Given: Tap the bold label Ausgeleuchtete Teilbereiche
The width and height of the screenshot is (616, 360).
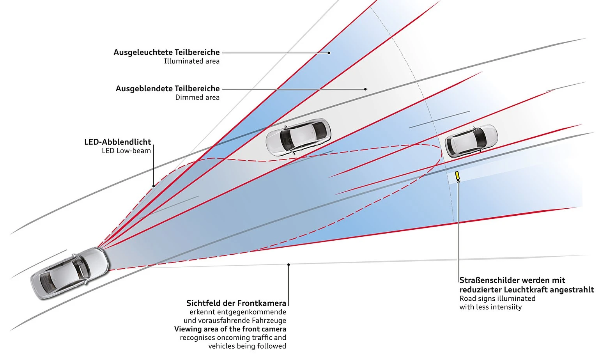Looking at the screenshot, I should click(x=166, y=52).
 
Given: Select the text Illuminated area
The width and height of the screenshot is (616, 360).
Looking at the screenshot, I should click(x=191, y=61).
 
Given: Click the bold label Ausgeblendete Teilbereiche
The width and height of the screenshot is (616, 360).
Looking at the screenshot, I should click(x=168, y=89).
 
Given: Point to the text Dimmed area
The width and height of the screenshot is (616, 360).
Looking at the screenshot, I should click(x=197, y=98).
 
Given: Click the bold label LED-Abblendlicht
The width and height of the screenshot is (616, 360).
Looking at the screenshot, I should click(x=117, y=142).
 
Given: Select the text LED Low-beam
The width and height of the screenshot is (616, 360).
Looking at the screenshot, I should click(x=126, y=151).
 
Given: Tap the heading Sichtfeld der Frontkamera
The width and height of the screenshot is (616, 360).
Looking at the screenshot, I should click(x=236, y=303).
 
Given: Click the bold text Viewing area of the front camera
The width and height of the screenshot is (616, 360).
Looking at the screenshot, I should click(x=230, y=329).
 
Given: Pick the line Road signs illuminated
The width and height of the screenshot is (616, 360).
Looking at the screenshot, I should click(x=497, y=298).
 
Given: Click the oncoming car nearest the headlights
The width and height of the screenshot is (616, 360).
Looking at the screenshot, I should click(x=298, y=137).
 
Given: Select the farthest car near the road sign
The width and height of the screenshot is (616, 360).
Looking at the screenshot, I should click(x=471, y=140).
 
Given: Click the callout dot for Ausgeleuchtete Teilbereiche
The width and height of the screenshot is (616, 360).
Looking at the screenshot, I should click(x=329, y=53).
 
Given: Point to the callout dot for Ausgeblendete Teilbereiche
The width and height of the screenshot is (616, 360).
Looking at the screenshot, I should click(x=365, y=89).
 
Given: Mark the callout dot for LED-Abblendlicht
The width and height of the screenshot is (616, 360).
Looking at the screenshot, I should click(x=154, y=186).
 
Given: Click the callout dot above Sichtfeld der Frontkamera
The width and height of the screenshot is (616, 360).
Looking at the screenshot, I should click(x=289, y=264).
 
